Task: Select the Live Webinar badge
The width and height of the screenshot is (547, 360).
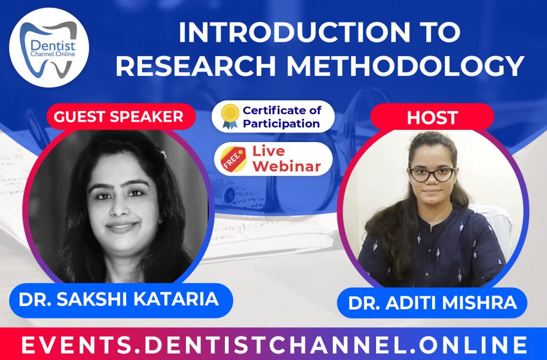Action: [x=273, y=158]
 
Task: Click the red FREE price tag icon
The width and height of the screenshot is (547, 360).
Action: [x=231, y=159]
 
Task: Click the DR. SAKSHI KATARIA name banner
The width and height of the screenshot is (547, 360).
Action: [x=119, y=299]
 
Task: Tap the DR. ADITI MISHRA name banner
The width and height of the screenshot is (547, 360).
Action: [x=432, y=303]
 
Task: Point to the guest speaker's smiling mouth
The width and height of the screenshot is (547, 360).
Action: [x=122, y=226]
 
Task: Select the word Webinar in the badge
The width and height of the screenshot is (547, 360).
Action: [x=287, y=166]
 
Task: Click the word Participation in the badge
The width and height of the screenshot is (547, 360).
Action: [x=281, y=123]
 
